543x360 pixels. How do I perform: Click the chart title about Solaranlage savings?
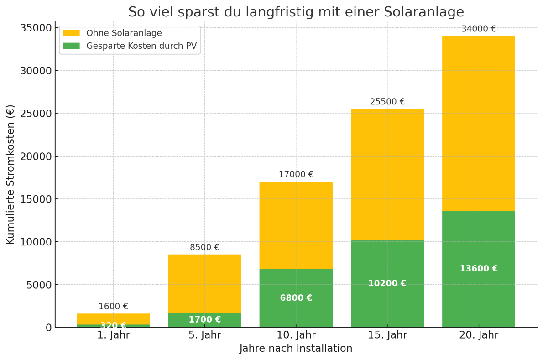tap(296, 12)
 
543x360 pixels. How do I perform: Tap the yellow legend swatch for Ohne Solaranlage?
tap(71, 33)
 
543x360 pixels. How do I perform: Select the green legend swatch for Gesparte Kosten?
tap(71, 46)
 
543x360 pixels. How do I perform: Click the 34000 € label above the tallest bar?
tap(478, 29)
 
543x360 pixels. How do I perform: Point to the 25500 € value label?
tap(387, 102)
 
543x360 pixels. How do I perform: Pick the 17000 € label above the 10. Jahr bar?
tap(296, 175)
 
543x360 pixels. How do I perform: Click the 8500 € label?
tap(204, 248)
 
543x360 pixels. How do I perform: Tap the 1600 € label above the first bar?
tap(113, 307)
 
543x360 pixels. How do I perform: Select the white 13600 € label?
tap(478, 269)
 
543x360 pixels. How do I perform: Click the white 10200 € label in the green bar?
tap(387, 284)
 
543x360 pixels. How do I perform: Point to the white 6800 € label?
tap(296, 298)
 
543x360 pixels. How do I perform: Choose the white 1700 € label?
tap(204, 320)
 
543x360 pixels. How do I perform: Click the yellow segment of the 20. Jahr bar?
tap(478, 123)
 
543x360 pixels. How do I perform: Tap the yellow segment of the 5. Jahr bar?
tap(204, 283)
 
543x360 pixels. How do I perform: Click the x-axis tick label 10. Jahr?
tap(296, 335)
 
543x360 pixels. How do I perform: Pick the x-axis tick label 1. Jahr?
tap(113, 335)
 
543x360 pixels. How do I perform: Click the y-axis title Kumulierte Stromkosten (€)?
tap(10, 174)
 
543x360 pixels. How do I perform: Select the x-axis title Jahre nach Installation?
tap(296, 349)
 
